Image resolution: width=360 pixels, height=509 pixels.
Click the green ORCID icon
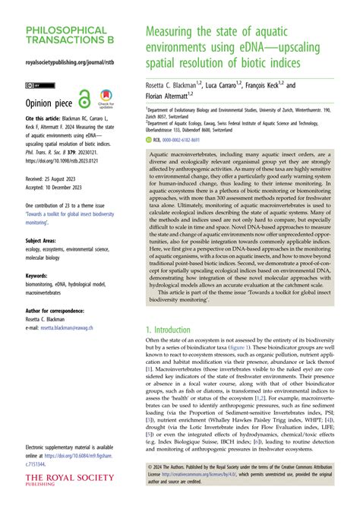[x=149, y=140]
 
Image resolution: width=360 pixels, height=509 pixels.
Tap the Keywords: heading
[x=38, y=255]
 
